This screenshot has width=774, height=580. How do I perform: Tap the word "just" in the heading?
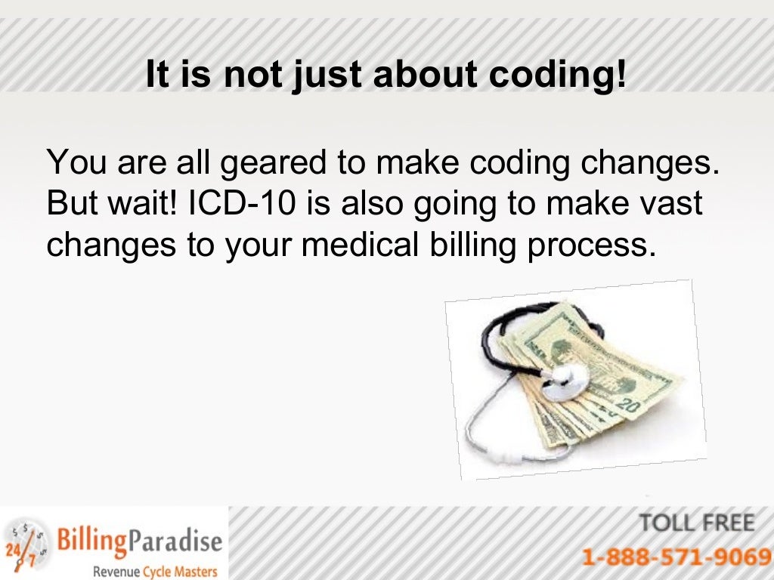[x=321, y=76]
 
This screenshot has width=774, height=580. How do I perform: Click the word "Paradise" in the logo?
[x=175, y=541]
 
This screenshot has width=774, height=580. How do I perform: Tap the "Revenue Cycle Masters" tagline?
[x=154, y=571]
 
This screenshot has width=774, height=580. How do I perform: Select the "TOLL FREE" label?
[x=696, y=523]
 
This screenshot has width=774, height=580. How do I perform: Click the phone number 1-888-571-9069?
[x=676, y=557]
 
